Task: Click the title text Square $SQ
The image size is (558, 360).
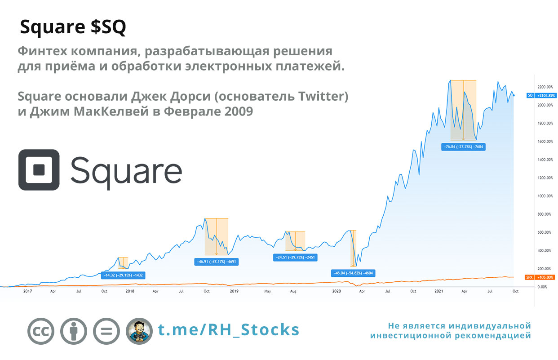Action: pos(73,27)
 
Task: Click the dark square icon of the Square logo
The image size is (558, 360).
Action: pos(39,170)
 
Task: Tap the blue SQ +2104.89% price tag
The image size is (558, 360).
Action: pos(541,95)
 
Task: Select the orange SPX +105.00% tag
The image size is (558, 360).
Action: pos(540,277)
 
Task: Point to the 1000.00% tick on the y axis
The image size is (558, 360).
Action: pos(545,196)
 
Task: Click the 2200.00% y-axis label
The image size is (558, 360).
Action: pos(545,87)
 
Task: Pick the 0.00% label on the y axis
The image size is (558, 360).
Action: pos(542,287)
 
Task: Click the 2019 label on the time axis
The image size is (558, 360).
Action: pos(234,291)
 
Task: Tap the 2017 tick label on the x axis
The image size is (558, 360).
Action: pos(28,291)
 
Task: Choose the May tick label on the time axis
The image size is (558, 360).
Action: pos(267,291)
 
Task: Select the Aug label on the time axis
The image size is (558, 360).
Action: pos(293,291)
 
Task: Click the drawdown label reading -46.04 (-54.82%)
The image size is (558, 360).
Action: pos(353,273)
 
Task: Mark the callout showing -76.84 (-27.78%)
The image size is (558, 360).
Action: pos(463,147)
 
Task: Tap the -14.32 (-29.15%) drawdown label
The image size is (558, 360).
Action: pos(123,276)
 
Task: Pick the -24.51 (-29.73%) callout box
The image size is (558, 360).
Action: pos(295,258)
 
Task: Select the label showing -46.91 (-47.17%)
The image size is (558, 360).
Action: pos(217,262)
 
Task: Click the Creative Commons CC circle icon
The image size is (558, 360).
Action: pos(41,331)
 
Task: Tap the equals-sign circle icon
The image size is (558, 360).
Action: pos(106,331)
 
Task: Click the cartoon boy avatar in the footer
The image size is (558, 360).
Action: pos(139,331)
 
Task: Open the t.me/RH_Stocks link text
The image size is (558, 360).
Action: pos(228,330)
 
